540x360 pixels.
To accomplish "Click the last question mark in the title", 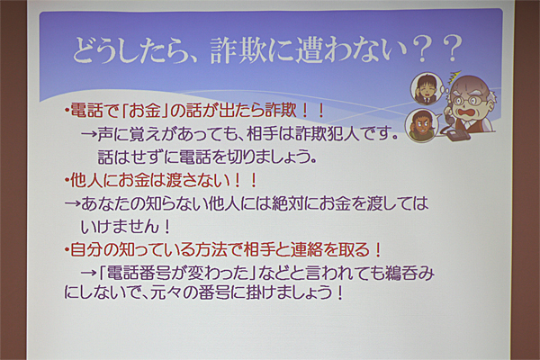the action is [x=450, y=49].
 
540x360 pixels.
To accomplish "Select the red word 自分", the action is [x=86, y=250].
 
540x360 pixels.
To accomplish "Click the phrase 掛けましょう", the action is [x=290, y=293].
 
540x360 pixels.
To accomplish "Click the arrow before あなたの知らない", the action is [x=72, y=204].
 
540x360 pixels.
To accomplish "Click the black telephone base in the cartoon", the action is [x=458, y=134].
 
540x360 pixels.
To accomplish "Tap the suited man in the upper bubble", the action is [x=424, y=89].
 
